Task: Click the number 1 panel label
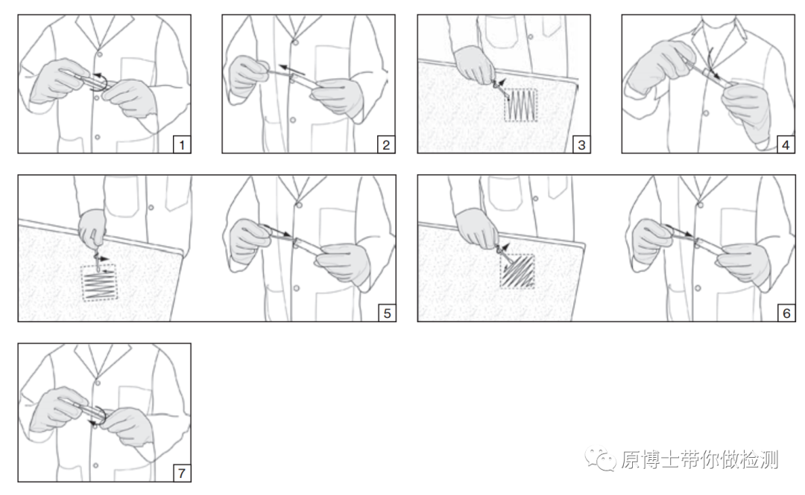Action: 182,144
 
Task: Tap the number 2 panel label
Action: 386,144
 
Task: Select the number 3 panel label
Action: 581,144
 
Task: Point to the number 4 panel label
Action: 786,144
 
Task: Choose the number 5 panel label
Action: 387,313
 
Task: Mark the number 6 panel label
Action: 786,313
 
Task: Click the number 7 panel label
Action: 182,473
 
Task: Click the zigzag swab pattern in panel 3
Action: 520,106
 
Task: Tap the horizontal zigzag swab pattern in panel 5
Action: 100,283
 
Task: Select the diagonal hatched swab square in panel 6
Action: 517,271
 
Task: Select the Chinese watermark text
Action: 699,459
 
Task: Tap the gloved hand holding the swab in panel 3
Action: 476,65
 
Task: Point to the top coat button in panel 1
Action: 100,54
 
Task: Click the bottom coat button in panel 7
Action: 96,465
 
